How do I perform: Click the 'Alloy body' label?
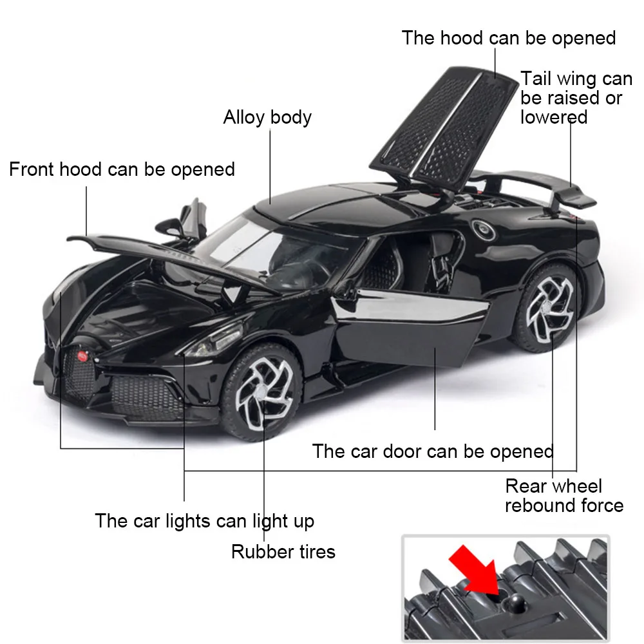point(267,117)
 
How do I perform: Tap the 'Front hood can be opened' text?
point(122,169)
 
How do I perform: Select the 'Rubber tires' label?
point(283,551)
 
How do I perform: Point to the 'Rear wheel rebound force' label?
point(564,495)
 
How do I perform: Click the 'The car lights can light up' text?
point(205,520)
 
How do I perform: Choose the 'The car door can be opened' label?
point(433,451)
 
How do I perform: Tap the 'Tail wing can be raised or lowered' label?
point(576,98)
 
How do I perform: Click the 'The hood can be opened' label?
point(509,37)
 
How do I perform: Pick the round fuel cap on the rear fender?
point(481,229)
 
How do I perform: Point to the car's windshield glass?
point(258,241)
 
